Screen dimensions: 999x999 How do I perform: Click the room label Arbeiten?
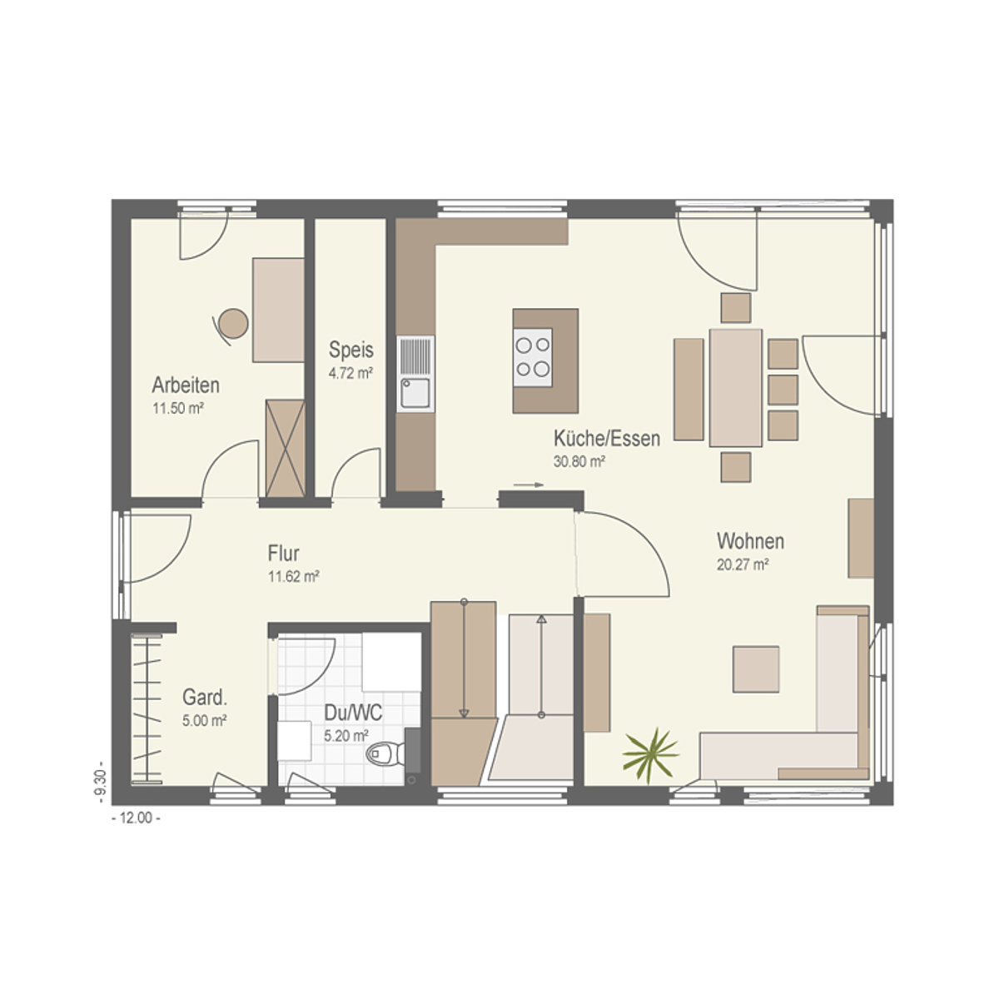[186, 385]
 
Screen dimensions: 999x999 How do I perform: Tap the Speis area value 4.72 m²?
[351, 373]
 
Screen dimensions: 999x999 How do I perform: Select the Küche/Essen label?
[607, 439]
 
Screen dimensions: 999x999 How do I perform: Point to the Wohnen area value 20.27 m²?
[743, 564]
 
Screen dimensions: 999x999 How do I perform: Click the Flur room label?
[284, 553]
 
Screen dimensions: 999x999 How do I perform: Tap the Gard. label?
[205, 698]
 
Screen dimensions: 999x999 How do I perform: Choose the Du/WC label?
[353, 713]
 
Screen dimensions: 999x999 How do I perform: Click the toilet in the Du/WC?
[385, 753]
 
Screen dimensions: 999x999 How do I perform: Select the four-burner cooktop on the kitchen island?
[533, 357]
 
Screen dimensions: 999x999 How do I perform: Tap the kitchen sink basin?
[415, 393]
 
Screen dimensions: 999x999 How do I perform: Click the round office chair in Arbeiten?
[231, 325]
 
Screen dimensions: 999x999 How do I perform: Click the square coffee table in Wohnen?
[756, 668]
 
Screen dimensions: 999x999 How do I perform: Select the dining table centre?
[736, 387]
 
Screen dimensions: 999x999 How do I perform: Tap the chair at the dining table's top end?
[736, 308]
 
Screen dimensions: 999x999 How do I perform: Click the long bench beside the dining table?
[689, 390]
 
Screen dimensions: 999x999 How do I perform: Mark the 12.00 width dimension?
[136, 818]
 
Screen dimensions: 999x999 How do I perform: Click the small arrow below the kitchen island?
[529, 485]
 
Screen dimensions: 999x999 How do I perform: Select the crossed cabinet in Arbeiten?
[286, 449]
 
